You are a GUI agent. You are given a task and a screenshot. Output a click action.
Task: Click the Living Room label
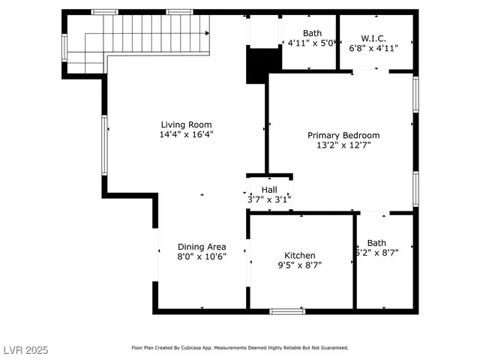[x=186, y=124]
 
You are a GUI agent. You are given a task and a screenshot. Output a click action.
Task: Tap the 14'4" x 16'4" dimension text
[x=186, y=135]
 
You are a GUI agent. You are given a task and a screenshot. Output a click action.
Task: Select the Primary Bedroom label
[x=343, y=135]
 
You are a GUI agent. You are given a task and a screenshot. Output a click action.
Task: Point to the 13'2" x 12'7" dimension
[x=343, y=145]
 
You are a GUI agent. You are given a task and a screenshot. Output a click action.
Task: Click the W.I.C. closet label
[x=373, y=37]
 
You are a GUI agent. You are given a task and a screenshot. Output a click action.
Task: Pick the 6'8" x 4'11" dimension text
[x=373, y=47]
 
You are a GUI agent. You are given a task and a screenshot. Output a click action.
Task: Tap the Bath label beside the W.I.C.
[x=312, y=33]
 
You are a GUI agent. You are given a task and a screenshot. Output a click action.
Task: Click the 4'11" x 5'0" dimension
[x=310, y=43]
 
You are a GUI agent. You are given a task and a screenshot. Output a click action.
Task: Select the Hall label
[x=269, y=190]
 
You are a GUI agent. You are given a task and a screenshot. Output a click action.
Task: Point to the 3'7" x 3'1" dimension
[x=269, y=199]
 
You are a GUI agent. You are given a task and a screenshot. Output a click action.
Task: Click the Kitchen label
[x=300, y=255]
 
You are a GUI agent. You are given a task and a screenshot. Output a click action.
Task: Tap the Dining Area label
[x=202, y=246]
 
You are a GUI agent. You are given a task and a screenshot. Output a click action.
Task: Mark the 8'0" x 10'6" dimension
[x=202, y=256]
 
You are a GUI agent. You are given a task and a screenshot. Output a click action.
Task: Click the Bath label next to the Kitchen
[x=376, y=242]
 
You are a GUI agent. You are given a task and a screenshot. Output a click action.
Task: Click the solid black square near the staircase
[x=257, y=65]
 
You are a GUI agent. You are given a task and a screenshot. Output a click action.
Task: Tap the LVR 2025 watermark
[x=25, y=349]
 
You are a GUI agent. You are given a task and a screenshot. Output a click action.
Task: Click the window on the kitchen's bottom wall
[x=287, y=310]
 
